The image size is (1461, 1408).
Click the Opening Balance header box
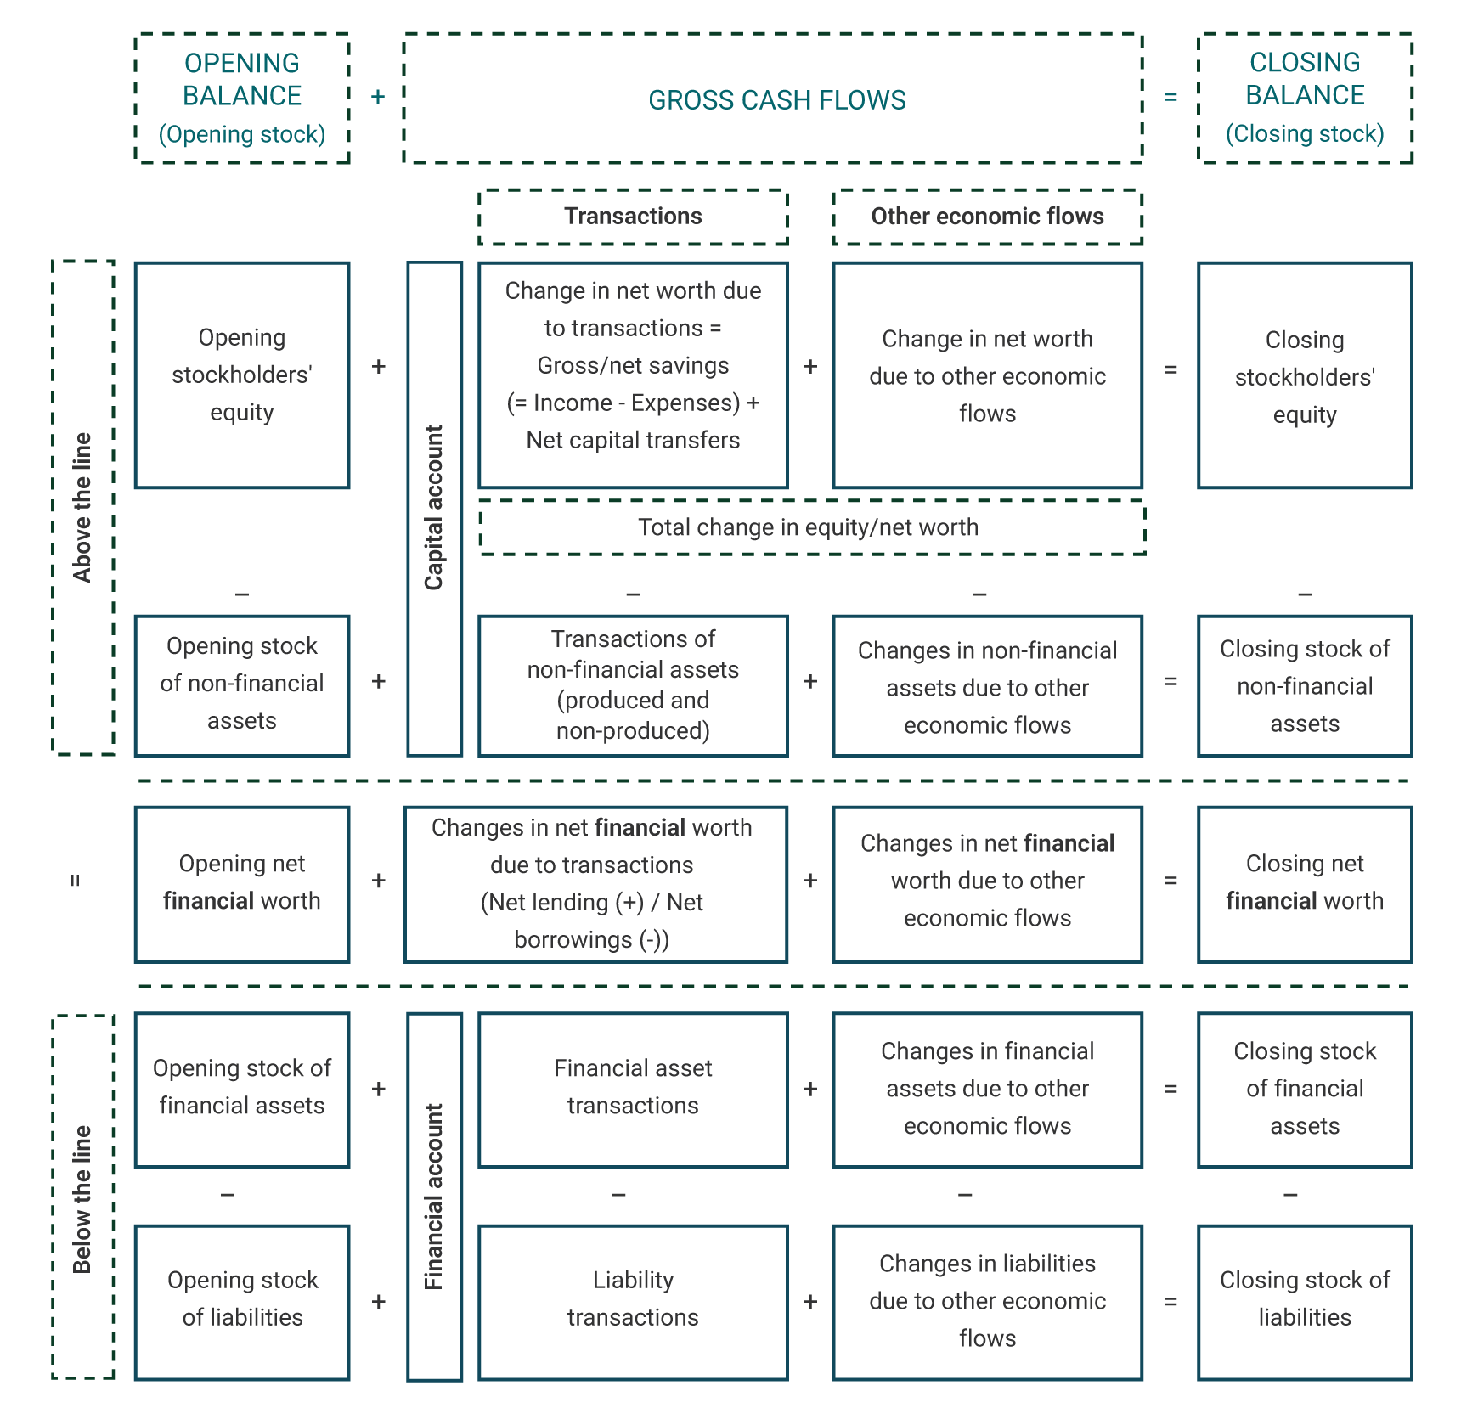(x=242, y=98)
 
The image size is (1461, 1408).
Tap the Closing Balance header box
(x=1305, y=98)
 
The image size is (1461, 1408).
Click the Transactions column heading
(x=633, y=217)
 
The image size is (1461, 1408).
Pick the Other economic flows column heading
(x=987, y=217)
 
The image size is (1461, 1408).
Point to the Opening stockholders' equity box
(x=242, y=375)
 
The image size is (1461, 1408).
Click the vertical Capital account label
(x=434, y=508)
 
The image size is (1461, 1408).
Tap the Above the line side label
(x=82, y=507)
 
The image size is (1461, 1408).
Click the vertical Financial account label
(x=434, y=1197)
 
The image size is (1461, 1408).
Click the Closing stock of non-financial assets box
(x=1305, y=686)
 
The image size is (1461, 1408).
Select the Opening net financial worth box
(x=242, y=883)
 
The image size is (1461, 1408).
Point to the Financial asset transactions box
(x=633, y=1088)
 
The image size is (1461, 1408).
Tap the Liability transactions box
(x=633, y=1299)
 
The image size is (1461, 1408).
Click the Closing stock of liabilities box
(x=1305, y=1299)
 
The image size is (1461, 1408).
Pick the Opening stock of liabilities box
(x=242, y=1299)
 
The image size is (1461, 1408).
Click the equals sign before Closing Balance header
(x=1170, y=98)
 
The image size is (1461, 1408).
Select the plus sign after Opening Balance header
(x=378, y=98)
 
